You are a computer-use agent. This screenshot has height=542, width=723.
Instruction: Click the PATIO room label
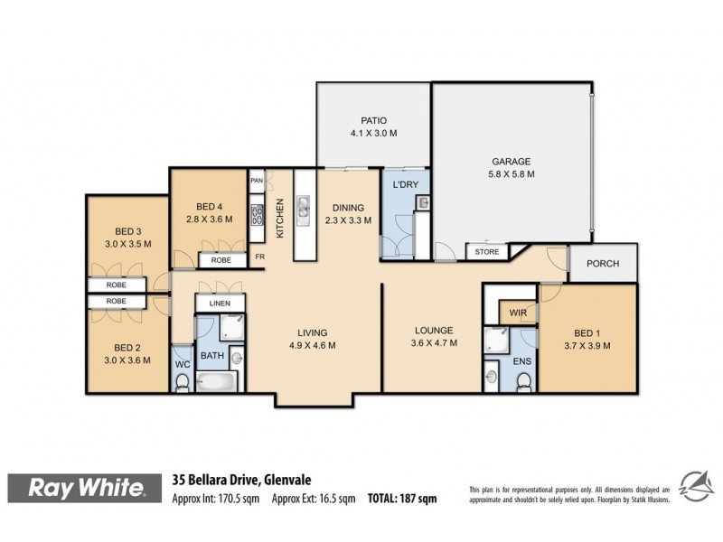(373, 119)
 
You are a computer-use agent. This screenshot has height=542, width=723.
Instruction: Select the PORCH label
(603, 265)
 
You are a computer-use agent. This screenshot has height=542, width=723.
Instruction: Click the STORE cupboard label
(486, 251)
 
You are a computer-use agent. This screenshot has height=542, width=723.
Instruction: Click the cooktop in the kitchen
(257, 216)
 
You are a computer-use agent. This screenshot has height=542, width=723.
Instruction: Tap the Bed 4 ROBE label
(221, 260)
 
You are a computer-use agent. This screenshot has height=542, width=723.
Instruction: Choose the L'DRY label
(403, 184)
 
